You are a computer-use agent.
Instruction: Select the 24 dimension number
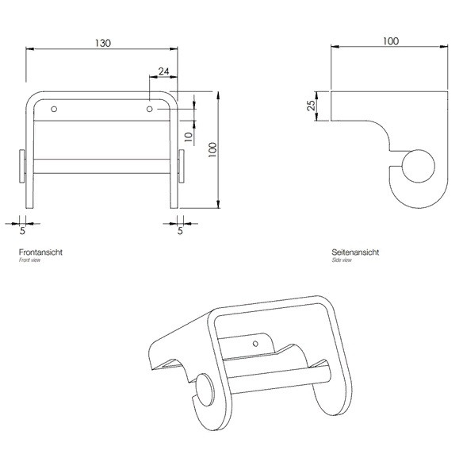coord(163,71)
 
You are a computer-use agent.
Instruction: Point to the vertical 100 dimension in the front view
coord(212,151)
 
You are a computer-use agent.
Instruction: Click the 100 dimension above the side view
coord(390,40)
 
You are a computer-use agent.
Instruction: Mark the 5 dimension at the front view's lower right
coord(180,231)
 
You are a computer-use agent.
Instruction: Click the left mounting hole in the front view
coord(54,107)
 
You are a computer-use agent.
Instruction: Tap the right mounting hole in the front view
coord(150,107)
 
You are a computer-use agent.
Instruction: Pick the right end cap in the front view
coord(182,165)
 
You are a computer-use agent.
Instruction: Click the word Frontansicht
coord(40,252)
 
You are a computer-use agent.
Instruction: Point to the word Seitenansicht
coord(355,252)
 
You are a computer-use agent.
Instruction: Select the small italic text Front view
coord(29,260)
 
